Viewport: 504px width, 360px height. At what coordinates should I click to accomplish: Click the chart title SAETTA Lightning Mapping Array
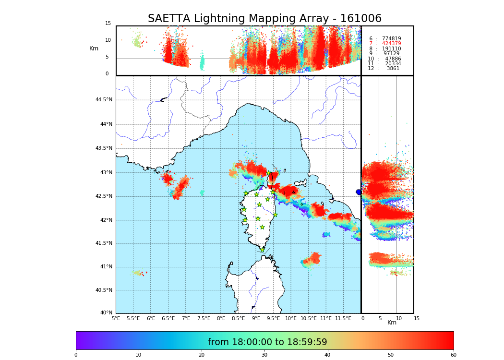[264, 19]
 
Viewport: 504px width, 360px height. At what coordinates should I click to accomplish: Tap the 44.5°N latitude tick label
[104, 100]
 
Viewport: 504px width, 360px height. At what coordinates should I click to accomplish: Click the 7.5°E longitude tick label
[204, 319]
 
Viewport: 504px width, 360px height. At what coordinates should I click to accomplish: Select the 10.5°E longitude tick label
[309, 319]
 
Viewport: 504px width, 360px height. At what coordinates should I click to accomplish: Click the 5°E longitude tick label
[116, 319]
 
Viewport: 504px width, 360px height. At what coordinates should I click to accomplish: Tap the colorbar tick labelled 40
[327, 355]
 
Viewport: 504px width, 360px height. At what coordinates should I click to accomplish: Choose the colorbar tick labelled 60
[453, 355]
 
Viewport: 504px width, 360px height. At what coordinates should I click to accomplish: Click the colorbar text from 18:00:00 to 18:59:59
[267, 342]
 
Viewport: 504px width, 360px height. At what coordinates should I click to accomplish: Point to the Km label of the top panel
[94, 48]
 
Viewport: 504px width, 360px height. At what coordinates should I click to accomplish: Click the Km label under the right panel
[392, 323]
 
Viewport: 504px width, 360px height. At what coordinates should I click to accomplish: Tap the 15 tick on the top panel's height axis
[108, 24]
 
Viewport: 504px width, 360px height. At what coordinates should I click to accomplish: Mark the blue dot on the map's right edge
[359, 192]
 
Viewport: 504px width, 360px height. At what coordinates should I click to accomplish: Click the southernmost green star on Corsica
[262, 250]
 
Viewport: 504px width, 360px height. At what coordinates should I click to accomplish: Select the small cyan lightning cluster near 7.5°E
[202, 192]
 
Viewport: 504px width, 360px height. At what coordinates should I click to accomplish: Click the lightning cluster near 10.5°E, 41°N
[312, 259]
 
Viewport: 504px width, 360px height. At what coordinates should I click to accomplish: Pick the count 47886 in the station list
[393, 59]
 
